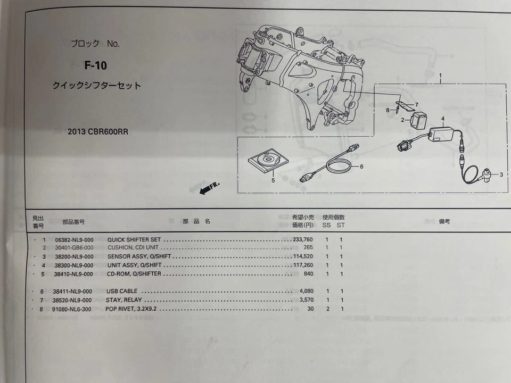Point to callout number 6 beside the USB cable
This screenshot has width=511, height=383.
[361, 166]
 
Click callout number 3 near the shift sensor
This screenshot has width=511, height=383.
[501, 174]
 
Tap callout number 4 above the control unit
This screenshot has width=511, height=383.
[442, 118]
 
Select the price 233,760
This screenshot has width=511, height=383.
[302, 239]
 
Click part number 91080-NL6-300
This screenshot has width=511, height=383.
[73, 309]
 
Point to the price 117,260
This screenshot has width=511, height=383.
[302, 265]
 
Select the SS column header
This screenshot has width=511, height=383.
[327, 225]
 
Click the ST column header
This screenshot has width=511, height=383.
[341, 225]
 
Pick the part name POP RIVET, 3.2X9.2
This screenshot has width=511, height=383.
[131, 309]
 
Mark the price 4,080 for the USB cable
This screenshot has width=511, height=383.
[306, 292]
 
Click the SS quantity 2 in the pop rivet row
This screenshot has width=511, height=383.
[328, 309]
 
